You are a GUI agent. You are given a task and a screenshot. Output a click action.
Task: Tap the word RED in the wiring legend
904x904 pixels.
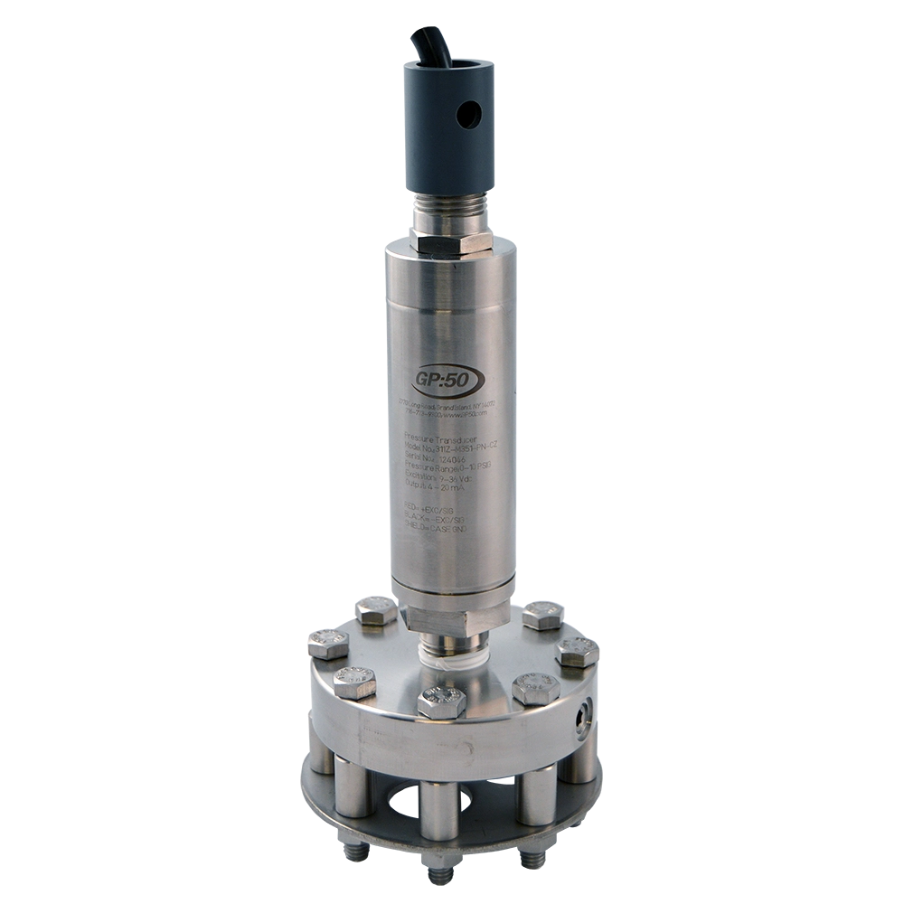pos(412,508)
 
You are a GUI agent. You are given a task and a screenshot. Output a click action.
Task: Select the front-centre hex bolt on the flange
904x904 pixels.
pos(442,701)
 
